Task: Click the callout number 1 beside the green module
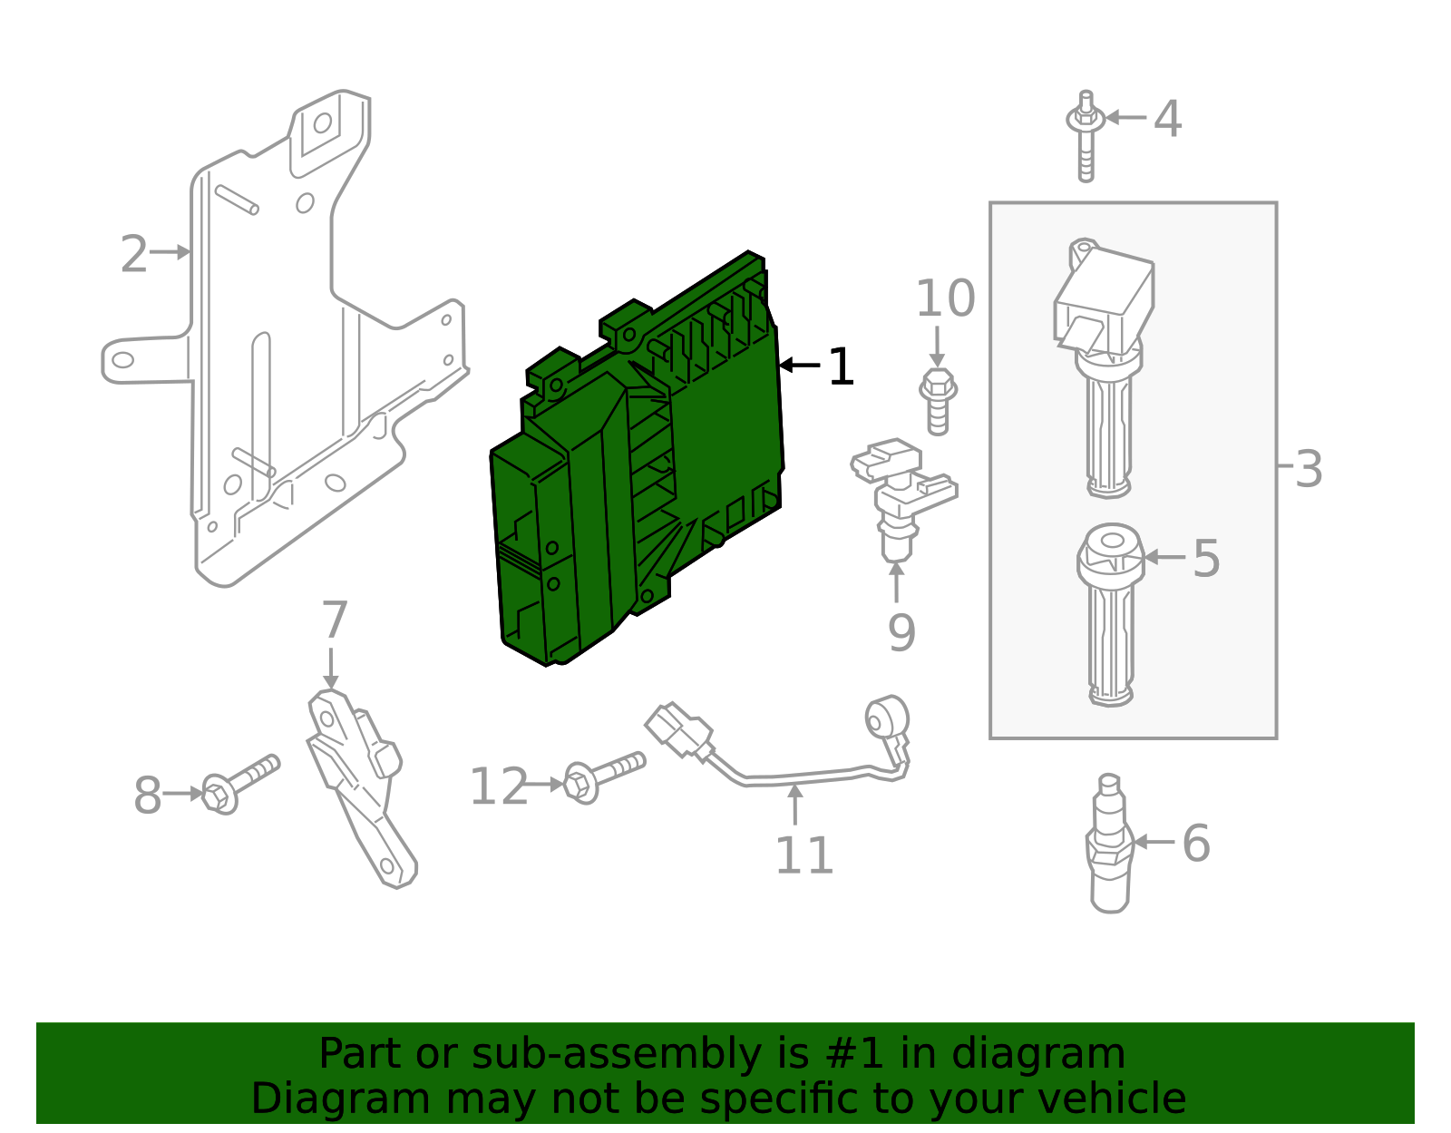point(841,367)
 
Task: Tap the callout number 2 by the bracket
point(133,254)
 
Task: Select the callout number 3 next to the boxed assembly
point(1308,469)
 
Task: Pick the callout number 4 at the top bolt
point(1167,119)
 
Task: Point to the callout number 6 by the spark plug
point(1195,843)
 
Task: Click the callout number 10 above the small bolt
point(945,298)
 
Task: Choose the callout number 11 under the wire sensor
point(803,855)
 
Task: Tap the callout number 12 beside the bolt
point(499,786)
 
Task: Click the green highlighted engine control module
point(635,472)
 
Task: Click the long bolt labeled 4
point(1086,136)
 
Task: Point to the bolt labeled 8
point(239,784)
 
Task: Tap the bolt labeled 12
point(602,776)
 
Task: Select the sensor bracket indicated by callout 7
point(358,780)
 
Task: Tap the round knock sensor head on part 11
point(885,718)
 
